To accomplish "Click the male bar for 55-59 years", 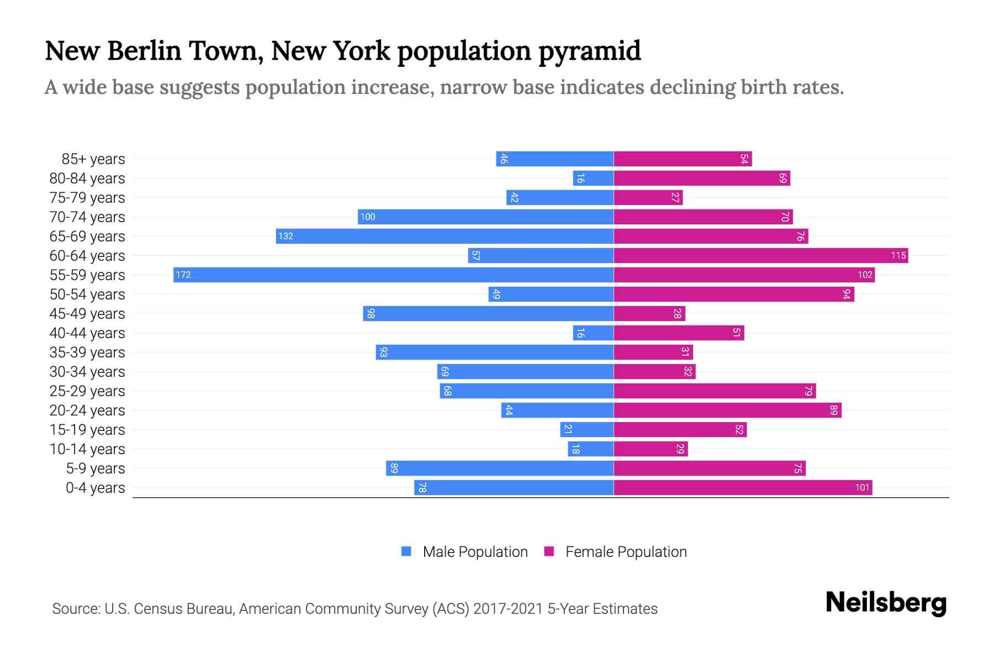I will [x=393, y=275].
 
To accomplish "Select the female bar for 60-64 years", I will [x=760, y=255].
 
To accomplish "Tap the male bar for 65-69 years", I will [x=445, y=236].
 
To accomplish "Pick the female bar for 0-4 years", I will [x=743, y=487].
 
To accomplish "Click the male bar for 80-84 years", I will [x=593, y=178].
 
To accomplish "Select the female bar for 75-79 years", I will [x=648, y=197].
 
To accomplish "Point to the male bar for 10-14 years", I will [x=591, y=449].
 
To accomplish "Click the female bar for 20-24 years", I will [x=727, y=410].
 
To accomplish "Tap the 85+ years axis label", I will [x=93, y=159].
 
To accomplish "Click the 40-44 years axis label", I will [x=87, y=333].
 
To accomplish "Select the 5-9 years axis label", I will [x=96, y=469].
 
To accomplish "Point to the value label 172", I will [x=183, y=275].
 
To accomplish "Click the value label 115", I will [x=898, y=255].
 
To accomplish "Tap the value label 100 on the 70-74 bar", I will [x=368, y=217].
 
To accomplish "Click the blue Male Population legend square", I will [x=406, y=551].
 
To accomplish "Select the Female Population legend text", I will [x=626, y=551].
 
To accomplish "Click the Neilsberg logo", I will [x=886, y=603].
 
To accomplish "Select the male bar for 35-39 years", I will [x=495, y=352].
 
